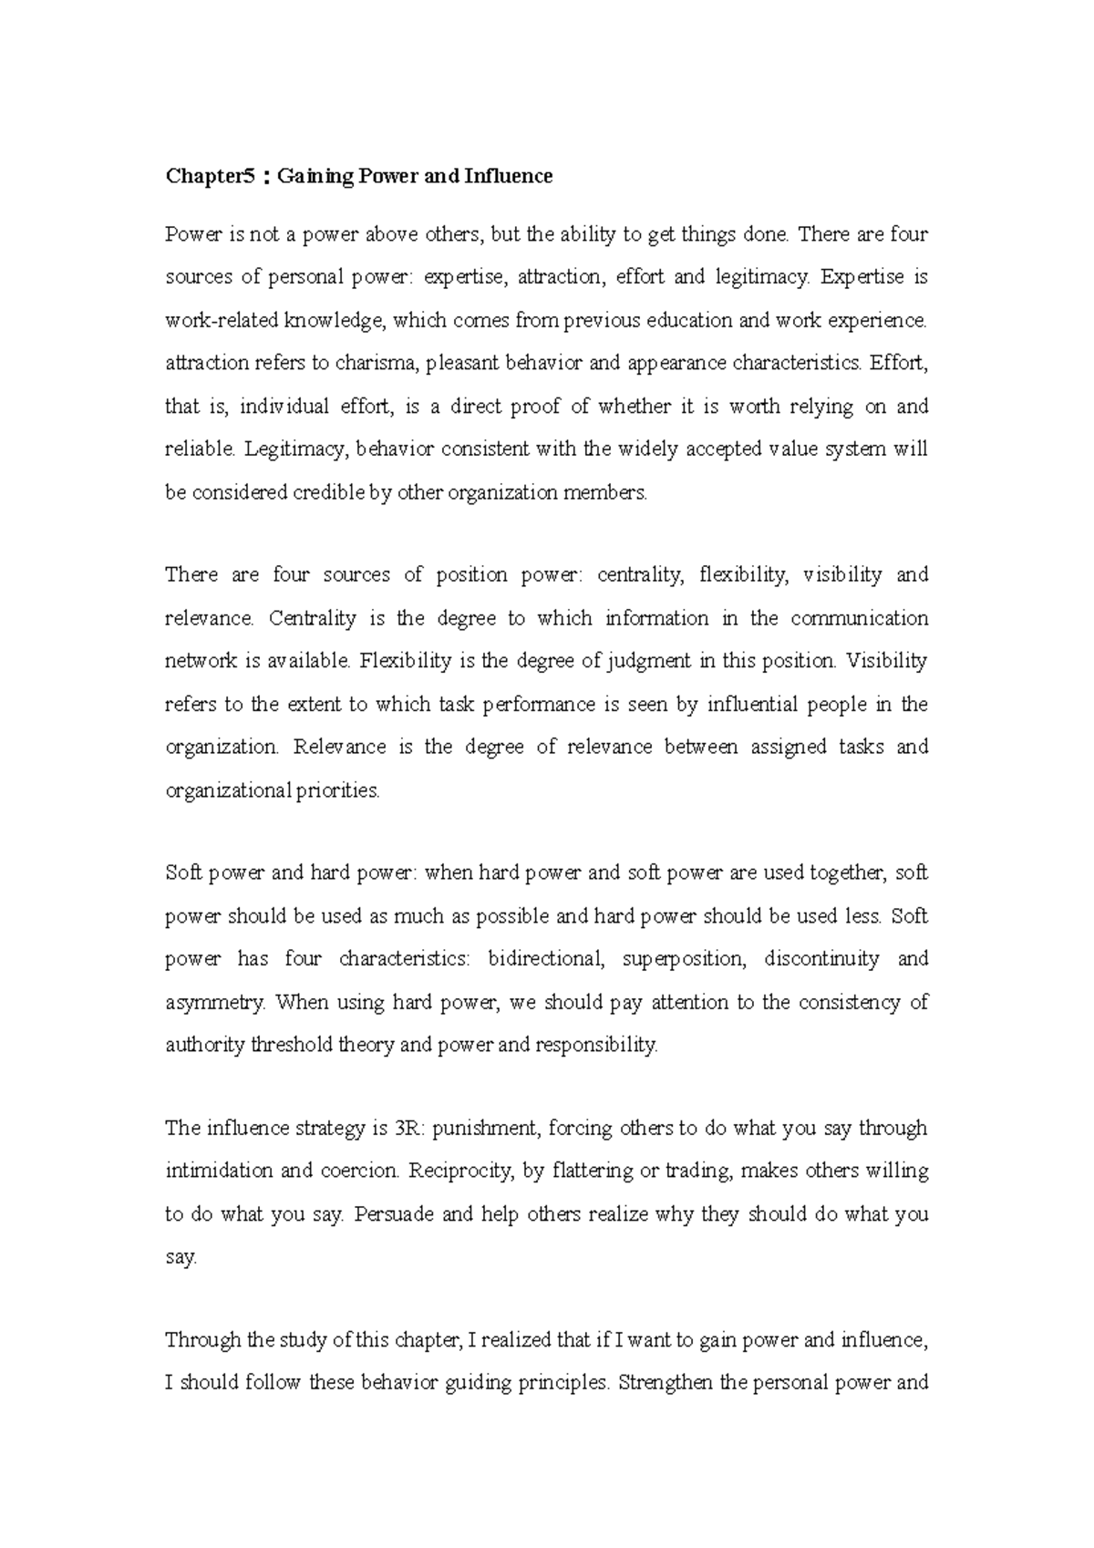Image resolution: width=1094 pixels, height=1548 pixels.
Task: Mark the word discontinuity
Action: pyautogui.click(x=821, y=959)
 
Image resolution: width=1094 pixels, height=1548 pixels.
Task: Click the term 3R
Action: pyautogui.click(x=409, y=1128)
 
